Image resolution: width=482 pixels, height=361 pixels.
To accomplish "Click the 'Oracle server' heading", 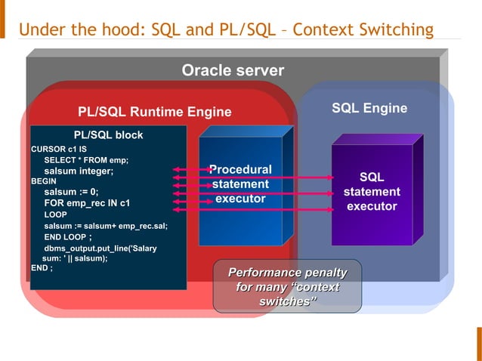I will coord(233,71).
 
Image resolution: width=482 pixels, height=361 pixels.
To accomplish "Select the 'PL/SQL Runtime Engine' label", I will coord(155,113).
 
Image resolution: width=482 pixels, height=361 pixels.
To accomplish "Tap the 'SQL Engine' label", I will coord(369,109).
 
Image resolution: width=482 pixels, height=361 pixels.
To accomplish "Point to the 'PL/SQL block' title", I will coord(108,135).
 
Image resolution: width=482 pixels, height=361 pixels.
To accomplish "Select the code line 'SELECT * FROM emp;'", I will coord(86,160).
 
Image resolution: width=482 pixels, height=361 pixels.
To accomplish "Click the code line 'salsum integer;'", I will coord(79,171).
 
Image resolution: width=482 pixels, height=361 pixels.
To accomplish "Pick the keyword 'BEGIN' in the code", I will coord(44,182).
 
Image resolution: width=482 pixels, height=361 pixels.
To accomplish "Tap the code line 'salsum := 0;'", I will coord(71,192).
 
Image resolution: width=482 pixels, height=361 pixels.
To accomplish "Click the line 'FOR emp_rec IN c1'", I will coord(87,203).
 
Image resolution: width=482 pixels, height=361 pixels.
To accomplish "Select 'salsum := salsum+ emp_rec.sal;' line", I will coord(106,226).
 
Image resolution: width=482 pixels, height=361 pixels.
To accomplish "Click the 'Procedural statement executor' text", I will coord(240,184).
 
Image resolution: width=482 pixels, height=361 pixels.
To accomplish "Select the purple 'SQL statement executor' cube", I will coord(372,192).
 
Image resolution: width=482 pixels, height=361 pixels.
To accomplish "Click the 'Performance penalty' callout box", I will coord(287,286).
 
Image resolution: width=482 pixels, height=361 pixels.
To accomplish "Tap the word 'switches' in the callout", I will coord(287,301).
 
